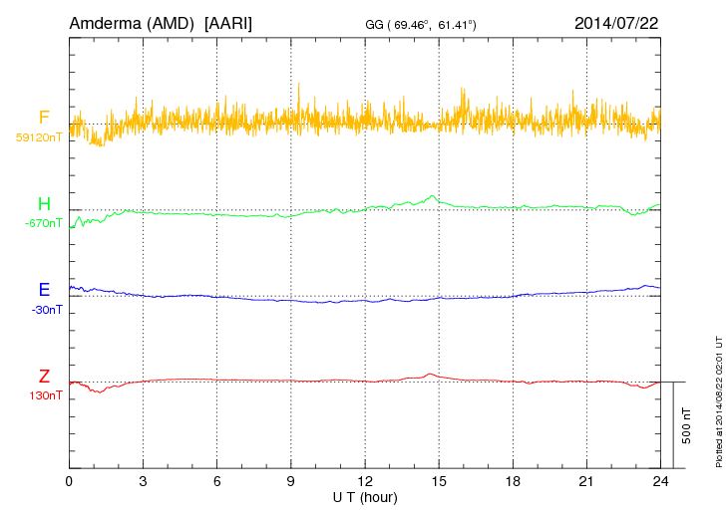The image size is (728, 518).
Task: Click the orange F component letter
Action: pyautogui.click(x=43, y=118)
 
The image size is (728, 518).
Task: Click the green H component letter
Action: pyautogui.click(x=43, y=204)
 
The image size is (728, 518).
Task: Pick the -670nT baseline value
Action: pyautogui.click(x=44, y=223)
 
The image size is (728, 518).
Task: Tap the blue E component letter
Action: pyautogui.click(x=44, y=290)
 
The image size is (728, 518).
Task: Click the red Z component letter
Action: pyautogui.click(x=44, y=377)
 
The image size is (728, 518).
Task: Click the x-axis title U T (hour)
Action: pyautogui.click(x=365, y=496)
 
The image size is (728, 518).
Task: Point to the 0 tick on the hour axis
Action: pyautogui.click(x=70, y=481)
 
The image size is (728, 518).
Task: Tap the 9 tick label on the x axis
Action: pyautogui.click(x=291, y=481)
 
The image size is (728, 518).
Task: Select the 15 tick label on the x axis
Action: pyautogui.click(x=439, y=481)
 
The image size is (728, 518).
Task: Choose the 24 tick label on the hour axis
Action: pyautogui.click(x=660, y=481)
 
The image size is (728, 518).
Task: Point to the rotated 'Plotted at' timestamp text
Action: pyautogui.click(x=718, y=399)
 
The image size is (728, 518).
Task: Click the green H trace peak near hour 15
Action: pyautogui.click(x=432, y=195)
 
